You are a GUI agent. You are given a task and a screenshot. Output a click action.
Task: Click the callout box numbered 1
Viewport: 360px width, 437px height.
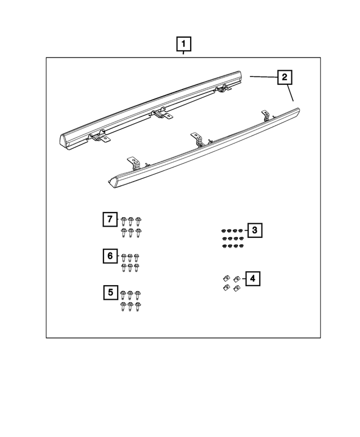[183, 43]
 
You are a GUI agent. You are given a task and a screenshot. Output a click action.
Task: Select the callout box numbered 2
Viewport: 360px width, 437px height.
[285, 77]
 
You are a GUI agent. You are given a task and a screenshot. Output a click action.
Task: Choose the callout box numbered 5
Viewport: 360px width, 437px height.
[110, 292]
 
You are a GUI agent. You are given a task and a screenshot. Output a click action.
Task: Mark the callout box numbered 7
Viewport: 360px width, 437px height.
[110, 219]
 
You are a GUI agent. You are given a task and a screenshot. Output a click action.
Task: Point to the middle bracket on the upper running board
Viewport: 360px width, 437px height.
[162, 114]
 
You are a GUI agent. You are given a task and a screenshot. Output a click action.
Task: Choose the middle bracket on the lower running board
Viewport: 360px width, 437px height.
[196, 139]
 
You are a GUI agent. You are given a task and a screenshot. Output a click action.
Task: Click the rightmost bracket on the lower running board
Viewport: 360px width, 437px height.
[265, 115]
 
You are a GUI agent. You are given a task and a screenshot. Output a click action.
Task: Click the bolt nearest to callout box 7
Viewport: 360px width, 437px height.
[124, 220]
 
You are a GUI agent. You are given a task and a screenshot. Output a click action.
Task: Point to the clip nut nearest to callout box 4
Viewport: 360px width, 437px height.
[237, 277]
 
